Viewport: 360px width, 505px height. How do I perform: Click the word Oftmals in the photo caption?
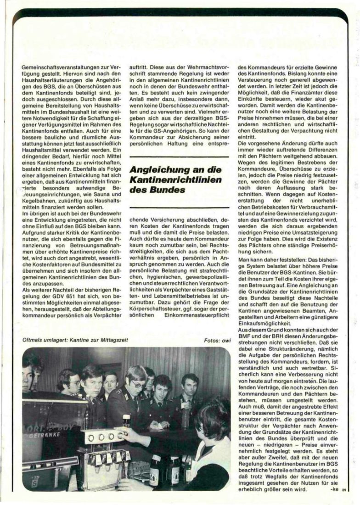click(34, 340)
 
